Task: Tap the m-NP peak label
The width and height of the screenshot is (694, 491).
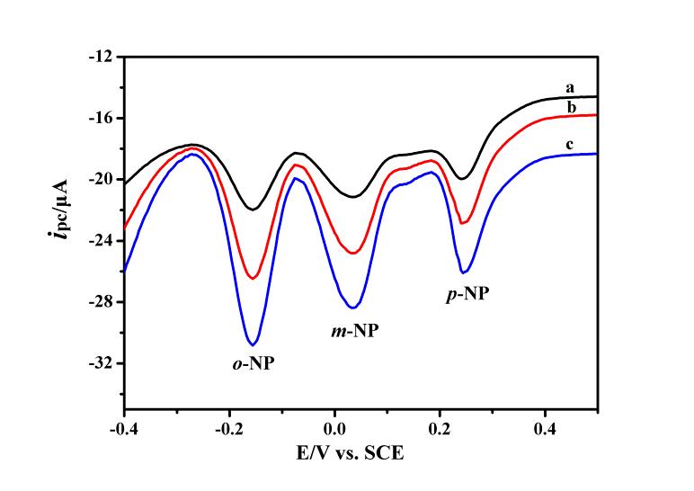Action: (350, 331)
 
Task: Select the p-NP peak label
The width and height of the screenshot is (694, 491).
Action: (468, 293)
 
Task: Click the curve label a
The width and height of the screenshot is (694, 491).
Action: (570, 87)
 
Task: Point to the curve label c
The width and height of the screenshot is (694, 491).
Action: (570, 145)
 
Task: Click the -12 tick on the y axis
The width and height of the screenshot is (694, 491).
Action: (101, 57)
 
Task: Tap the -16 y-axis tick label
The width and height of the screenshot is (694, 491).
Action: (101, 118)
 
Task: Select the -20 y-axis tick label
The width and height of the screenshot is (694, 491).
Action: (101, 179)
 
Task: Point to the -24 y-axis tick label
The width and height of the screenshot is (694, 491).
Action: (101, 240)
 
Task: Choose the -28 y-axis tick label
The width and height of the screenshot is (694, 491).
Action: (101, 302)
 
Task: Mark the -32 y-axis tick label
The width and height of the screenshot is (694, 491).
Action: (101, 363)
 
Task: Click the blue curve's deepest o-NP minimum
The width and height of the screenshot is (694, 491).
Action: (254, 344)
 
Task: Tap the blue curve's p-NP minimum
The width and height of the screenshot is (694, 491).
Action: (464, 272)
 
